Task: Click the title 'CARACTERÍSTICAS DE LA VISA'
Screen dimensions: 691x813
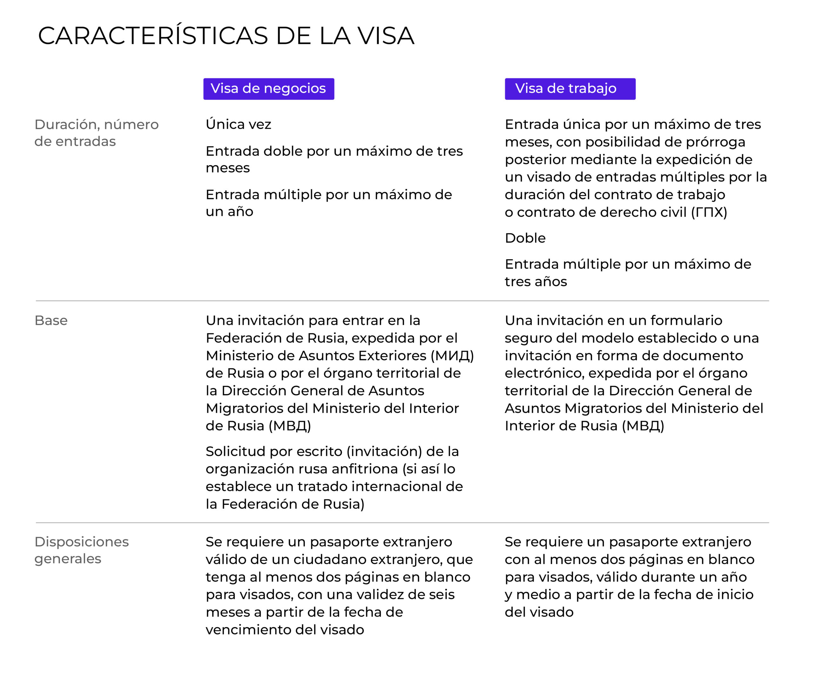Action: (x=226, y=36)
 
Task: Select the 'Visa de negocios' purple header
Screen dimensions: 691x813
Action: (x=268, y=89)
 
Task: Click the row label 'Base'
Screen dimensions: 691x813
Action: (x=51, y=321)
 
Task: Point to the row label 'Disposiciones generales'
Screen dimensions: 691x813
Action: (x=81, y=550)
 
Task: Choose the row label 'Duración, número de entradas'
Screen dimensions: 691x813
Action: (x=96, y=133)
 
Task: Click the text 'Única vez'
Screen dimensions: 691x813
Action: (x=238, y=124)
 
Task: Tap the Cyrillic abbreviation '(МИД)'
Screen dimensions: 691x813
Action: (x=452, y=356)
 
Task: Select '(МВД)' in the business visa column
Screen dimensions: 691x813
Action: (x=290, y=426)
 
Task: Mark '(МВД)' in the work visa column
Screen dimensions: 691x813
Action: (x=643, y=426)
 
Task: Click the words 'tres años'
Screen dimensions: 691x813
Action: (x=535, y=282)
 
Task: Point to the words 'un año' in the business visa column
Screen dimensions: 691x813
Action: (x=230, y=212)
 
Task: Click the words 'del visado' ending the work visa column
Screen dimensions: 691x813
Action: (x=539, y=612)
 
